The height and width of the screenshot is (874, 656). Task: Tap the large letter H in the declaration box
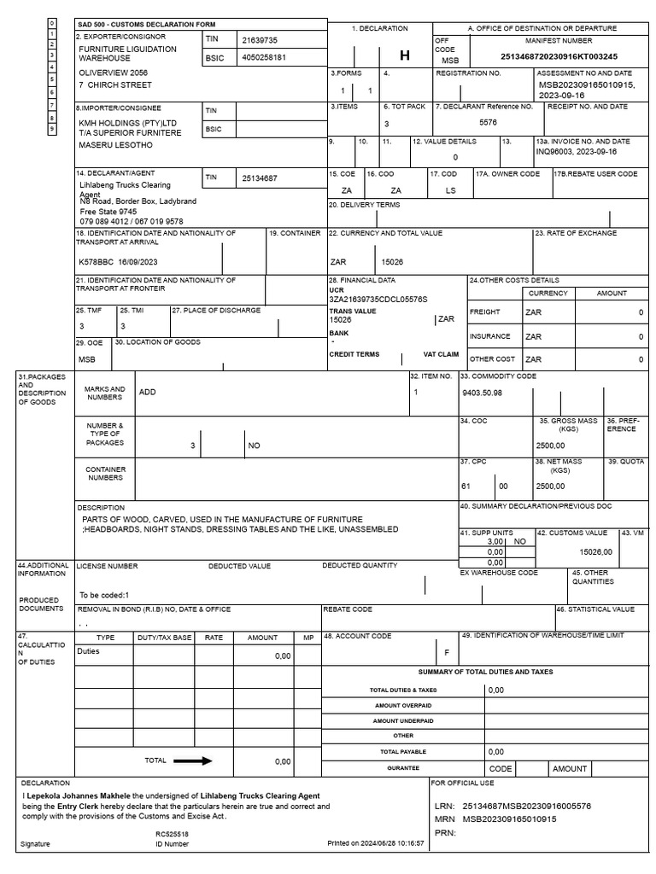click(x=405, y=55)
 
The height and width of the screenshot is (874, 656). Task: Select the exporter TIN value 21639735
click(x=260, y=40)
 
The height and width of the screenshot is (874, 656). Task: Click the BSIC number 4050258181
click(x=264, y=57)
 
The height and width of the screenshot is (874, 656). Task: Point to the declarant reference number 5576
click(x=488, y=122)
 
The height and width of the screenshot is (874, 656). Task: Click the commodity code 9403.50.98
click(x=481, y=392)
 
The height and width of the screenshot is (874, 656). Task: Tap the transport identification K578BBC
click(x=95, y=262)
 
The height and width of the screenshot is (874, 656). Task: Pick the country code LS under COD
click(x=450, y=189)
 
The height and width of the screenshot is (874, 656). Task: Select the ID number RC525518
click(x=172, y=834)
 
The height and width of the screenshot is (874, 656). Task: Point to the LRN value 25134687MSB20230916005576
click(x=526, y=806)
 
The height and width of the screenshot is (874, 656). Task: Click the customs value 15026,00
click(x=594, y=552)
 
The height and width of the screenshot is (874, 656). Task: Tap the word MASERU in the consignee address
click(x=93, y=146)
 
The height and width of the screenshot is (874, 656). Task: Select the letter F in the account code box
click(x=445, y=652)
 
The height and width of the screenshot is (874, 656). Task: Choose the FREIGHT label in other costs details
click(x=484, y=312)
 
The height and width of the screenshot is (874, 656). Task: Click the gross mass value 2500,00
click(x=550, y=445)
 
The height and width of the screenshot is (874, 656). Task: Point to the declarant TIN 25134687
click(x=260, y=178)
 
